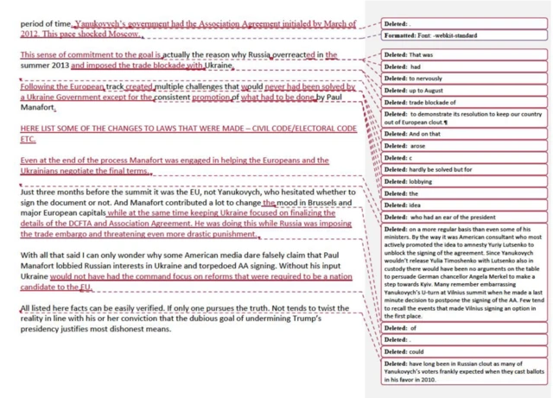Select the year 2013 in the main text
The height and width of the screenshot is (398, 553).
pos(70,66)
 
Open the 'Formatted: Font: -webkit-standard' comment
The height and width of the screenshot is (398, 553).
pos(436,35)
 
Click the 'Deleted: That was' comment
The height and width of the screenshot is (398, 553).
pos(409,54)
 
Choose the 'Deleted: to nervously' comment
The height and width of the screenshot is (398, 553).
pos(415,79)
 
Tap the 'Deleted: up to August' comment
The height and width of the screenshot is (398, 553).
pos(416,91)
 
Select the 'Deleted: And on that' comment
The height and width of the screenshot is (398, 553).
pos(414,134)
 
